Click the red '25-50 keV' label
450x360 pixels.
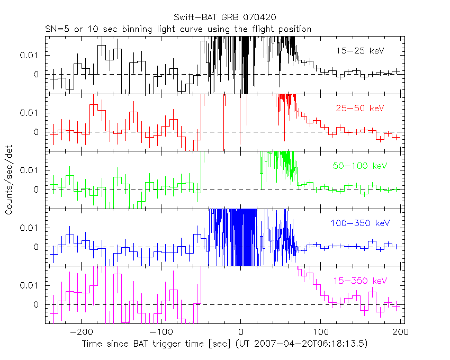[359, 108]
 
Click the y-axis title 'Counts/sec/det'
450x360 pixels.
[10, 182]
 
